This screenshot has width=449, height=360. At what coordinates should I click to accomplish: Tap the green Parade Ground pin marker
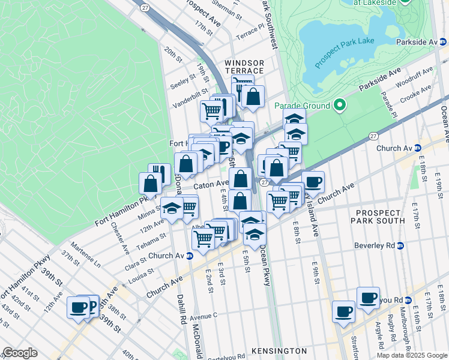pyautogui.click(x=340, y=106)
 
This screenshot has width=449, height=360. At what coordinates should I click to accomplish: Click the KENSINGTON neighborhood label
pyautogui.click(x=279, y=350)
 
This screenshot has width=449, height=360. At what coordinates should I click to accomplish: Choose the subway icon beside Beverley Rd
pyautogui.click(x=400, y=245)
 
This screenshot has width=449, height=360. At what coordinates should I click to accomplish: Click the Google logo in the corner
pyautogui.click(x=20, y=353)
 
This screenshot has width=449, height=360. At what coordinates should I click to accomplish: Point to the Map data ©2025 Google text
pyautogui.click(x=412, y=355)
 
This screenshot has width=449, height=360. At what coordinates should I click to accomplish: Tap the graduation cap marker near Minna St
pyautogui.click(x=172, y=209)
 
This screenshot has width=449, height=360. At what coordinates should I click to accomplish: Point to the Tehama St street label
pyautogui.click(x=152, y=239)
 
